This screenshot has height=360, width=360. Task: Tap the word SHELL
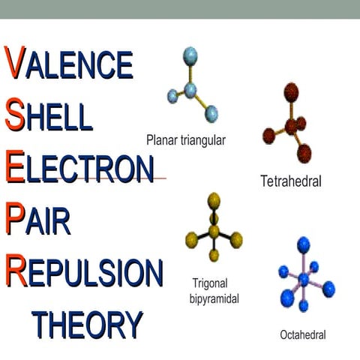click(49, 115)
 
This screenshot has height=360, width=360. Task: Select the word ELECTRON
click(79, 166)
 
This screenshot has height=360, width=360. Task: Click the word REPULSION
click(83, 270)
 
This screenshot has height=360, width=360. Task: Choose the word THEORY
click(88, 324)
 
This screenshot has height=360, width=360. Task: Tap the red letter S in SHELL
click(15, 115)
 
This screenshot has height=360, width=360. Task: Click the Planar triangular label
click(186, 139)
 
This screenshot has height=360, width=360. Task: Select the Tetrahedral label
click(291, 181)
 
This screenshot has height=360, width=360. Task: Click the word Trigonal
click(209, 282)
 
